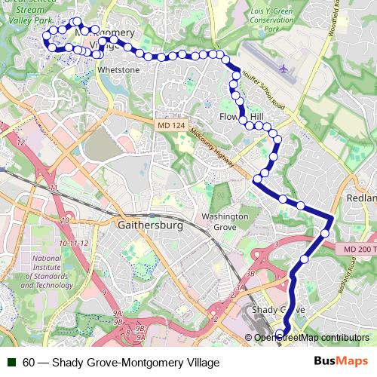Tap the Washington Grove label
pos(225,222)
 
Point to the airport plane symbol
pos(284,69)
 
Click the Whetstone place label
pos(119,70)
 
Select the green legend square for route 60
pos(11,362)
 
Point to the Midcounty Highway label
pos(213,146)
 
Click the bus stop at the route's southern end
pos(280,335)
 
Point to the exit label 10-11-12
pos(75,243)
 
